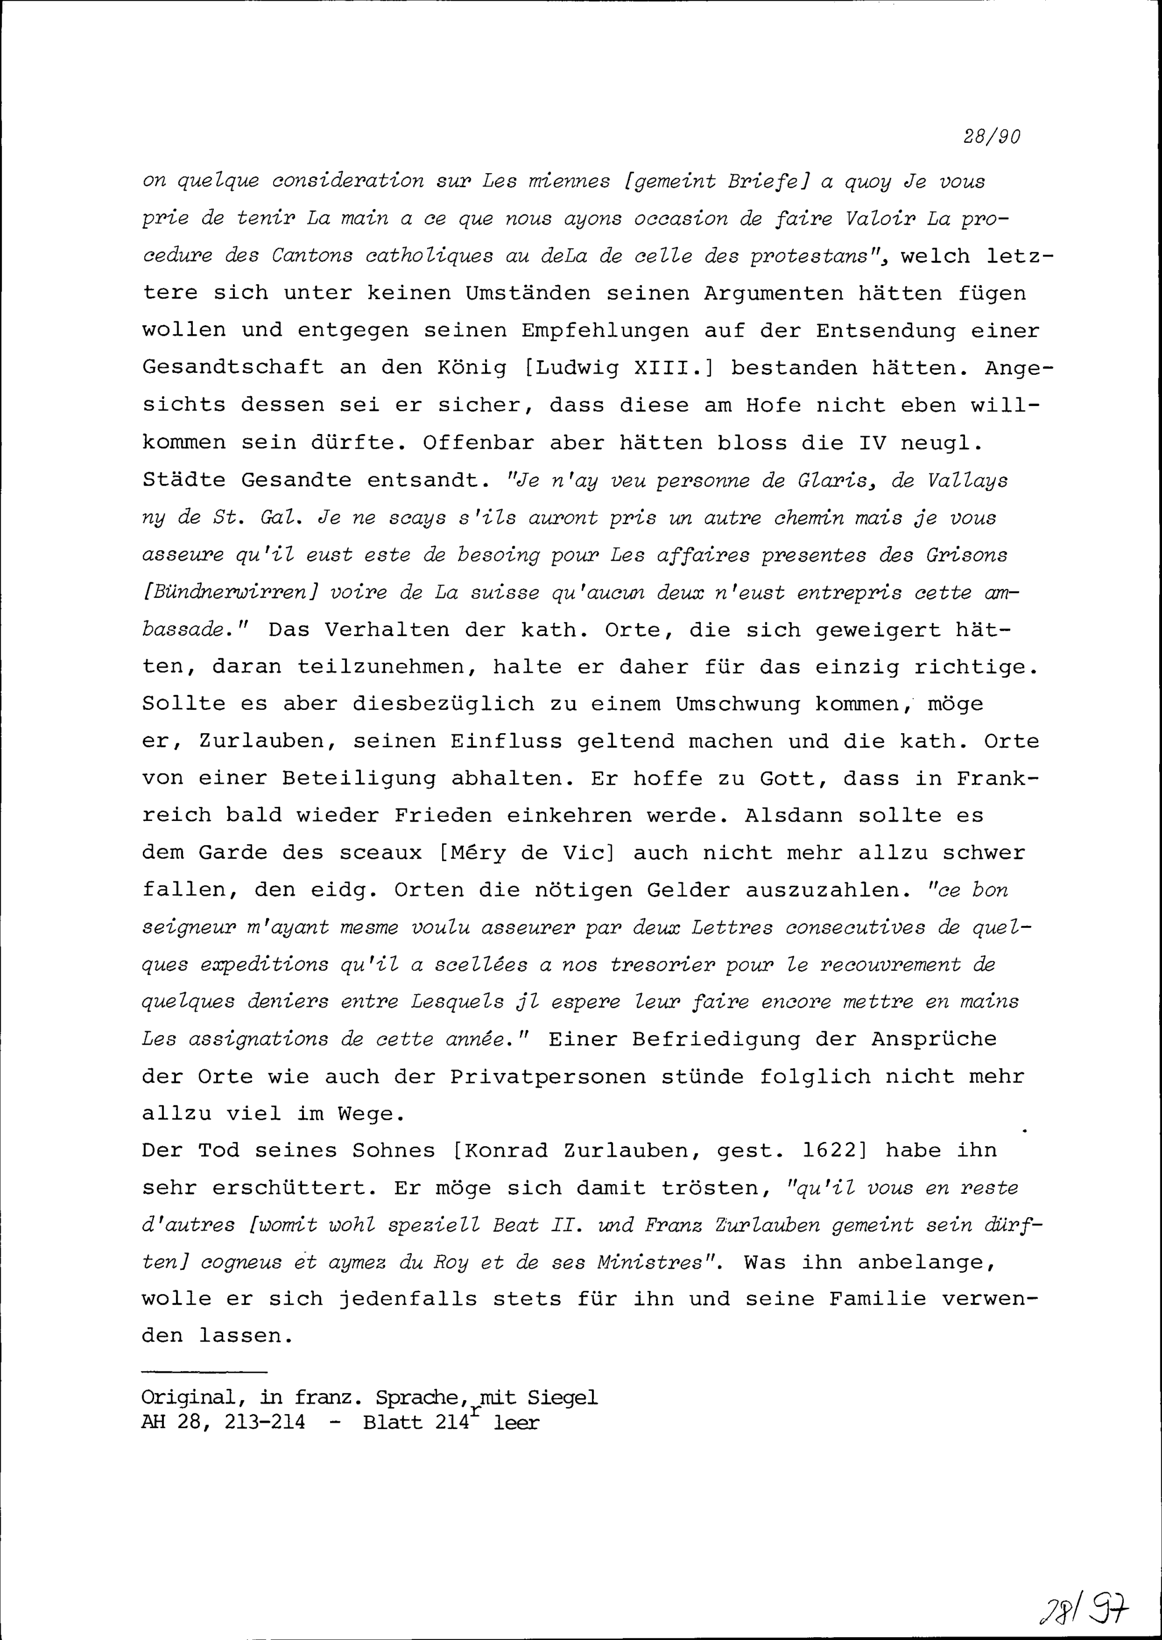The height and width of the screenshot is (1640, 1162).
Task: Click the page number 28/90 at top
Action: pos(991,137)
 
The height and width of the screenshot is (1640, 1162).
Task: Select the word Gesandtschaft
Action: pos(232,368)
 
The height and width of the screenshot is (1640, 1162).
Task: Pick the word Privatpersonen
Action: pos(548,1076)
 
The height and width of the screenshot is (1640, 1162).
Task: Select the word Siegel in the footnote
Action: pos(562,1397)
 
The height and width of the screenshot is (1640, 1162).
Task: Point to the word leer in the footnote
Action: pos(516,1421)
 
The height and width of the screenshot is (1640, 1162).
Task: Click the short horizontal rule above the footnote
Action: pos(204,1372)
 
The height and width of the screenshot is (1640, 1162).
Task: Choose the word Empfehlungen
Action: pos(605,331)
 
